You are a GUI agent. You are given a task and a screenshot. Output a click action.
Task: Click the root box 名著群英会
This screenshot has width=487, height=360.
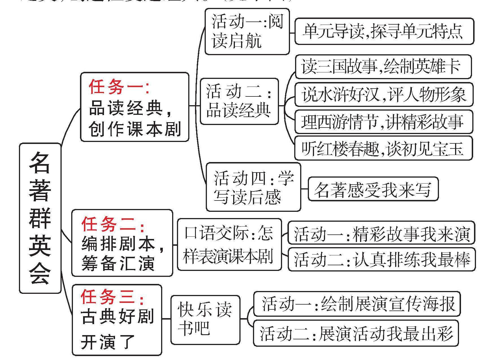pyautogui.click(x=40, y=218)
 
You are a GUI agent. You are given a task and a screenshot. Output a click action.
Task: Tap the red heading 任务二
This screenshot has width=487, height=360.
pyautogui.click(x=113, y=224)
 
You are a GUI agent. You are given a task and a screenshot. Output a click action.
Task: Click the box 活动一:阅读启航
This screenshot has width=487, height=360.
pyautogui.click(x=247, y=31)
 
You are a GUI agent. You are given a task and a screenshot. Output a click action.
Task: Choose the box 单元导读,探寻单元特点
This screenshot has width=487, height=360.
pyautogui.click(x=384, y=31)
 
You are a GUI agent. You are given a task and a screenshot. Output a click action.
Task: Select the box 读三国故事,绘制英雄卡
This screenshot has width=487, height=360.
pyautogui.click(x=383, y=67)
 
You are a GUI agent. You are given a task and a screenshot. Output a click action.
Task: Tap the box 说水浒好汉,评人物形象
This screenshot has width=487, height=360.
pyautogui.click(x=384, y=94)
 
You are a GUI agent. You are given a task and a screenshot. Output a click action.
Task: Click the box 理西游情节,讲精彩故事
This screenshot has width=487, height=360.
pyautogui.click(x=384, y=122)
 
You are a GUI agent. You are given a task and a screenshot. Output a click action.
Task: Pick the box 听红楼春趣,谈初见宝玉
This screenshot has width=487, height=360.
pyautogui.click(x=383, y=148)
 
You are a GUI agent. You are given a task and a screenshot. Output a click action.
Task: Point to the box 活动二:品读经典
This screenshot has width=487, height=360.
pyautogui.click(x=239, y=102)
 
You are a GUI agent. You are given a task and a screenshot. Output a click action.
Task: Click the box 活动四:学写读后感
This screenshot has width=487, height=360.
pyautogui.click(x=253, y=187)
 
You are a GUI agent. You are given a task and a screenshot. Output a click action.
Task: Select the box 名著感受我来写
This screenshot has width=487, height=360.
pyautogui.click(x=373, y=189)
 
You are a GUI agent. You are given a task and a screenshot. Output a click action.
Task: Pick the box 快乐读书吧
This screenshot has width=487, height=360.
pyautogui.click(x=205, y=320)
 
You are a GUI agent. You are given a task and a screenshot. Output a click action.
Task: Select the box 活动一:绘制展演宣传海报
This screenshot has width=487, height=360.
pyautogui.click(x=357, y=304)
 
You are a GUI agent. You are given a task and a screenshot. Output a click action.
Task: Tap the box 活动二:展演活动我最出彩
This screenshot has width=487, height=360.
pyautogui.click(x=356, y=333)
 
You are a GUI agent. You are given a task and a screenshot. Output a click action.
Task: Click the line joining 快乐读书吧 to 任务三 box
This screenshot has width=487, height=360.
pyautogui.click(x=166, y=319)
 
